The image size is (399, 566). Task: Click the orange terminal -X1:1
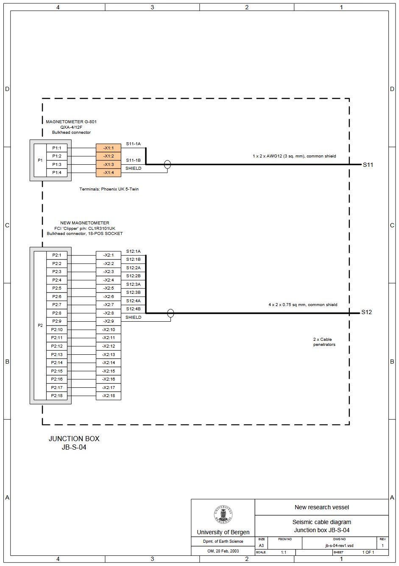click(109, 148)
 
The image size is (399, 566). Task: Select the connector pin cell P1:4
click(57, 172)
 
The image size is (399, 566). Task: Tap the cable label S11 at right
click(368, 165)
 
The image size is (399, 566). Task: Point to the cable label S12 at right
click(366, 312)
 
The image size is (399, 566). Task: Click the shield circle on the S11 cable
click(167, 164)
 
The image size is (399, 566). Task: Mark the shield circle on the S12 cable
click(170, 313)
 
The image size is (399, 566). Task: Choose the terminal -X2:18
click(109, 396)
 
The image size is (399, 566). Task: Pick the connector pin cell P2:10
click(57, 329)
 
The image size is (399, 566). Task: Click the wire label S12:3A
click(133, 284)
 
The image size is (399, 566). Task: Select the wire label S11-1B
click(133, 160)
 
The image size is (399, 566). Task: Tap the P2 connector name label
click(40, 325)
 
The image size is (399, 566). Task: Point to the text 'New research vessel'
click(321, 507)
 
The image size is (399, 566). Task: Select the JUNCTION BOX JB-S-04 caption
click(74, 443)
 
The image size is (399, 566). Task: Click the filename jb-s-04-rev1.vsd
click(339, 546)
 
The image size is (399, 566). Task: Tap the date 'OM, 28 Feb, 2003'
click(223, 551)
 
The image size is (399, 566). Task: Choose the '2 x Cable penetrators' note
click(324, 342)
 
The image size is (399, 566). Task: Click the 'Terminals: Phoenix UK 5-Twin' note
click(109, 189)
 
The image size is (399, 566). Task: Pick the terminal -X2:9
click(109, 321)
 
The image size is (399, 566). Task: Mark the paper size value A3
click(261, 546)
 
